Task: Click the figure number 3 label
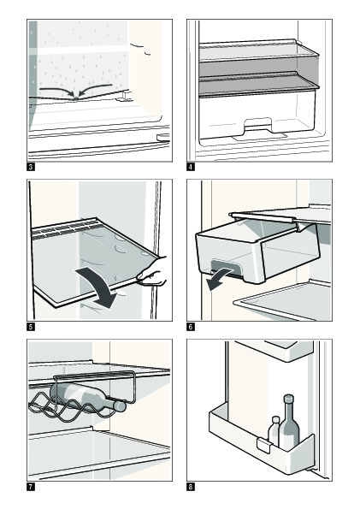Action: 31,167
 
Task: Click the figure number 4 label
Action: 191,167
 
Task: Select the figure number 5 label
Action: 31,327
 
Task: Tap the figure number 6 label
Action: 191,327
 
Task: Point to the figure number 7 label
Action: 31,487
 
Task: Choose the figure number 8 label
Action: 191,487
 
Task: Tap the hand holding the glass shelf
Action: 152,272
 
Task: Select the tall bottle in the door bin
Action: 289,423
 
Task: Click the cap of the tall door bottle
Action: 288,399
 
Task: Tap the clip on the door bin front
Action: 263,446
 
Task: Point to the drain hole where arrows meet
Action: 76,98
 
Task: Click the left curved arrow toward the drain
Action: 57,90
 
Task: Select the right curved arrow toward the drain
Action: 95,88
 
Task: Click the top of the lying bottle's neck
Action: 121,406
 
